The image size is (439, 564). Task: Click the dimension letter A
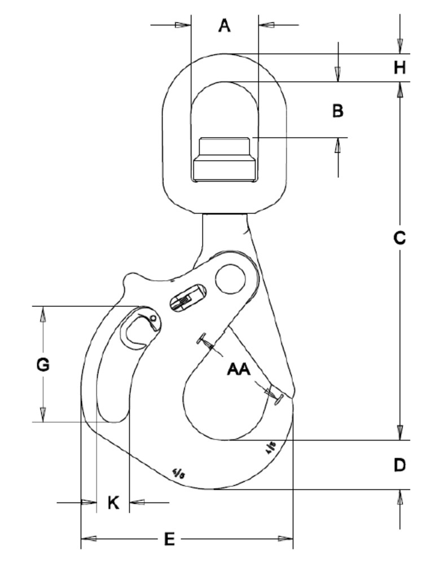tap(225, 25)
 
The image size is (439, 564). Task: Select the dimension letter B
tap(337, 111)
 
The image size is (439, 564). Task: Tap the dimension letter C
tap(400, 238)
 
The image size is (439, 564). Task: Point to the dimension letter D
tap(400, 465)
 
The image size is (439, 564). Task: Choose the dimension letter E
tap(169, 540)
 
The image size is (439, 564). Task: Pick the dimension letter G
tap(43, 365)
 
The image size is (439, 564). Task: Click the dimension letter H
tap(400, 68)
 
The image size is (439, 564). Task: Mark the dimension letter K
tap(113, 503)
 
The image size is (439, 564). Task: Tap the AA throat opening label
tap(239, 369)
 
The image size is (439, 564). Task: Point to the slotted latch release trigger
tap(188, 298)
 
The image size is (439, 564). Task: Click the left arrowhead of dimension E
tap(88, 539)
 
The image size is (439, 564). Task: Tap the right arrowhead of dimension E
tap(286, 539)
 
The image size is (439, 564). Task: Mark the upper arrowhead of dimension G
tap(43, 314)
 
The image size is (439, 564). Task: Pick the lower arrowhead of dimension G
tap(43, 415)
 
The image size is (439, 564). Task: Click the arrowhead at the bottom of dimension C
tap(400, 433)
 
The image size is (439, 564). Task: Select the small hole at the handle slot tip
tap(153, 323)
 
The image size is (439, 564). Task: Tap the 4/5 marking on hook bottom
tap(178, 474)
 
